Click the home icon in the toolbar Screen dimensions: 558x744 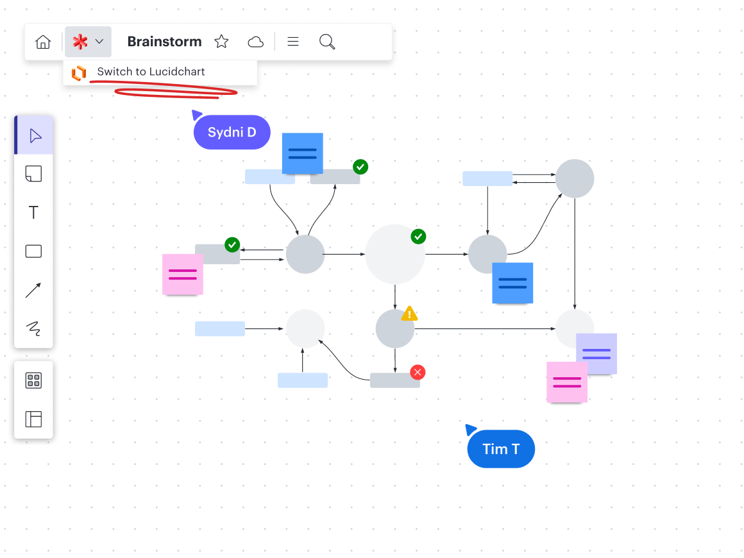point(43,42)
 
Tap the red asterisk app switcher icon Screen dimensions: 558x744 point(80,42)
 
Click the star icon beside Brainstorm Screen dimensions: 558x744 point(221,42)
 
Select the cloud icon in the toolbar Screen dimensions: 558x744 point(255,42)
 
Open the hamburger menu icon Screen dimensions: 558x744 point(293,42)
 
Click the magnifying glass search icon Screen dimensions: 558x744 point(327,42)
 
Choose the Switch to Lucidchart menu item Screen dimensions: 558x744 point(151,72)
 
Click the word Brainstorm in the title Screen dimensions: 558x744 point(164,42)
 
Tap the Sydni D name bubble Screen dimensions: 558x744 point(232,133)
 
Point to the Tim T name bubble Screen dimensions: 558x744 point(501,449)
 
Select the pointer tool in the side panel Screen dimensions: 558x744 point(35,136)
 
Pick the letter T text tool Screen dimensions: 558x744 point(34,213)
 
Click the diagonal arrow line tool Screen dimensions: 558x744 point(33,291)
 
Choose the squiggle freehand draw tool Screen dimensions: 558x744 point(33,329)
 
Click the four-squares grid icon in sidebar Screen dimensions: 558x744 point(33,380)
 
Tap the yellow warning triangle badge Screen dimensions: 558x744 point(409,314)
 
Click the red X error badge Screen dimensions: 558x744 point(418,372)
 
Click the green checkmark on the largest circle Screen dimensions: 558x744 point(418,237)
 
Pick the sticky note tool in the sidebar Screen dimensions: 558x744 point(33,174)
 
